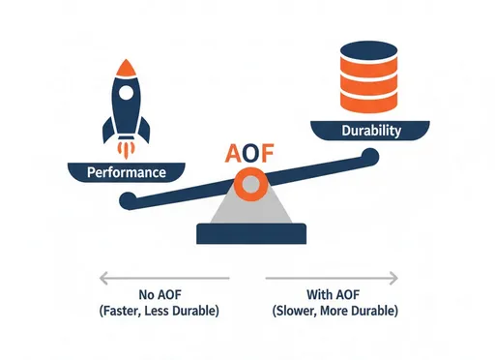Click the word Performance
126,173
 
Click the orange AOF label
247,153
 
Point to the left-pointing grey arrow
163,279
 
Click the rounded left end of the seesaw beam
128,200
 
